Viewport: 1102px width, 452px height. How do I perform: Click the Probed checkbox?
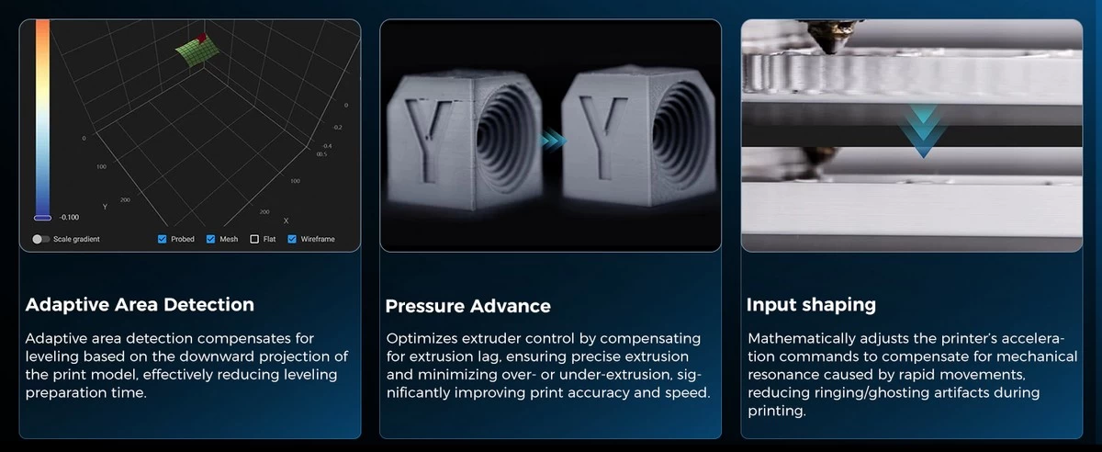tap(162, 239)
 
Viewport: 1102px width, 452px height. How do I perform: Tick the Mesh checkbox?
tap(210, 239)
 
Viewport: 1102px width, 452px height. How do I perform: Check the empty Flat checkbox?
tap(254, 239)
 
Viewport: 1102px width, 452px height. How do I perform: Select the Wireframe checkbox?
tap(292, 239)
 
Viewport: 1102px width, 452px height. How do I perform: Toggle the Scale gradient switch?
tap(40, 239)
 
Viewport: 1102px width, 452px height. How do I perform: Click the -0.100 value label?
tap(69, 217)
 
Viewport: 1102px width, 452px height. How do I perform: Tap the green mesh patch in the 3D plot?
tap(197, 51)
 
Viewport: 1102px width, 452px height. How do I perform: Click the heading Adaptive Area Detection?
tap(140, 305)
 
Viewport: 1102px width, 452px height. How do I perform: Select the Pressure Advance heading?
tap(467, 306)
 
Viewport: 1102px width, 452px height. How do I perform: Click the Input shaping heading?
tap(811, 305)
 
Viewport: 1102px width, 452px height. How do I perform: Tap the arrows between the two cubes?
tap(553, 141)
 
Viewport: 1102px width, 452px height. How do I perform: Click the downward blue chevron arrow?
tap(924, 131)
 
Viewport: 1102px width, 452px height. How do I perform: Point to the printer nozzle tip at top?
tap(832, 50)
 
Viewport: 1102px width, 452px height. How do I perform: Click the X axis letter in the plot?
tap(286, 220)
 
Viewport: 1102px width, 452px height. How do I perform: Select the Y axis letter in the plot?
tap(105, 207)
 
